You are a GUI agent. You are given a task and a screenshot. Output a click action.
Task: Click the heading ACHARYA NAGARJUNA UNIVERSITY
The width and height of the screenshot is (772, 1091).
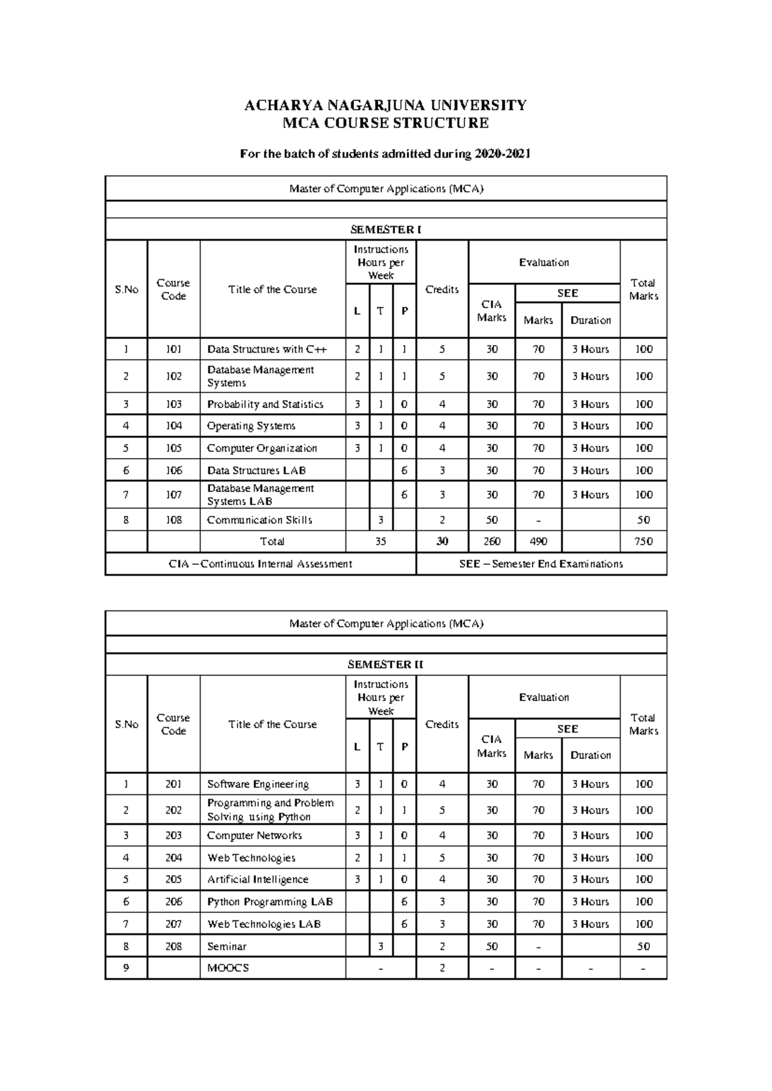385,105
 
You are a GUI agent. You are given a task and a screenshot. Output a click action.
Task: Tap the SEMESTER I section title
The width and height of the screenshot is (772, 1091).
385,230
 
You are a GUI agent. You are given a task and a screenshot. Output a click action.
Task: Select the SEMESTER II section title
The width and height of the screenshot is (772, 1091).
385,665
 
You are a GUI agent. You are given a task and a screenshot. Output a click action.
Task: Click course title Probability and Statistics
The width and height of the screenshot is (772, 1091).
265,405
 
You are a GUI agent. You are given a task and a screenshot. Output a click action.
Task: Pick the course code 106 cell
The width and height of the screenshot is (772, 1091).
174,471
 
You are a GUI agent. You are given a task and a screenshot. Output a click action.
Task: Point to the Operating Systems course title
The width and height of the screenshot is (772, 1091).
251,426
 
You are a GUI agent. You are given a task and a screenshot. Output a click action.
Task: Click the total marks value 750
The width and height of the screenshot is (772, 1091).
643,542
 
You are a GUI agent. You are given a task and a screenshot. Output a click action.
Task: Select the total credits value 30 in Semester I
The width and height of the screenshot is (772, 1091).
442,542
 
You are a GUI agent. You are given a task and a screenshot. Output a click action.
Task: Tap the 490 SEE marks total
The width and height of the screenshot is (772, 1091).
538,542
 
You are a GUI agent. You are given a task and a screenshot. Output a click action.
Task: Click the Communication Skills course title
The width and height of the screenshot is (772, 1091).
259,520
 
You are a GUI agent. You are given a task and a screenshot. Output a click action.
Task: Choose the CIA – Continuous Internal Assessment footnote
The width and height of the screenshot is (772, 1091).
261,564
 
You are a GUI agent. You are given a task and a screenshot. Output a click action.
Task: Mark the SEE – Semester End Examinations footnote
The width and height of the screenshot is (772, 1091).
541,564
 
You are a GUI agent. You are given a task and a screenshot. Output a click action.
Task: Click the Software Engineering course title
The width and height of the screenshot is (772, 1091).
257,784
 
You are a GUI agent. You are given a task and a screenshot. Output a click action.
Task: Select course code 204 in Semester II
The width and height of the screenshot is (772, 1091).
174,858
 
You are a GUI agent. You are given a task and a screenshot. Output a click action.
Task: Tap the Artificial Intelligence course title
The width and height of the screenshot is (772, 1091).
257,879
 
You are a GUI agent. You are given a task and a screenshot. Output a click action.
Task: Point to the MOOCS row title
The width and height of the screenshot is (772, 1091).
228,968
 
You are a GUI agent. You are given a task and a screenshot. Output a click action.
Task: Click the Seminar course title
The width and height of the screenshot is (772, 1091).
226,947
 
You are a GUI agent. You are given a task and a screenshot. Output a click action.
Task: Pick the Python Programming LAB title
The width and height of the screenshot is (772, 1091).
270,902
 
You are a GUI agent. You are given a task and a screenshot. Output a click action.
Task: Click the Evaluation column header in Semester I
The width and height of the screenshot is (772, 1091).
544,262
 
